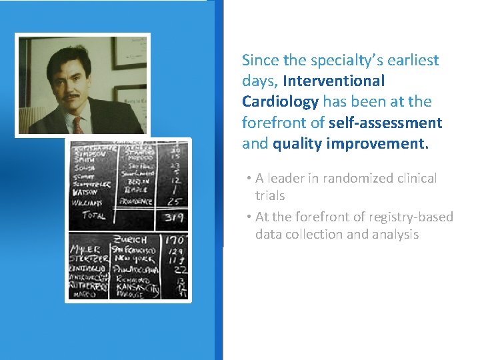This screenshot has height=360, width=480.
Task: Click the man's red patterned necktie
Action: click(78, 124)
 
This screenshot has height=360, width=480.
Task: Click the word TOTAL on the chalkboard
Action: click(93, 215)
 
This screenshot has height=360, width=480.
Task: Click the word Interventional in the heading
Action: click(333, 81)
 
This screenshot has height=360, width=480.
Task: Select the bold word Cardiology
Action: click(280, 101)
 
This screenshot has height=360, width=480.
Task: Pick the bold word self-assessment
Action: click(385, 122)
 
